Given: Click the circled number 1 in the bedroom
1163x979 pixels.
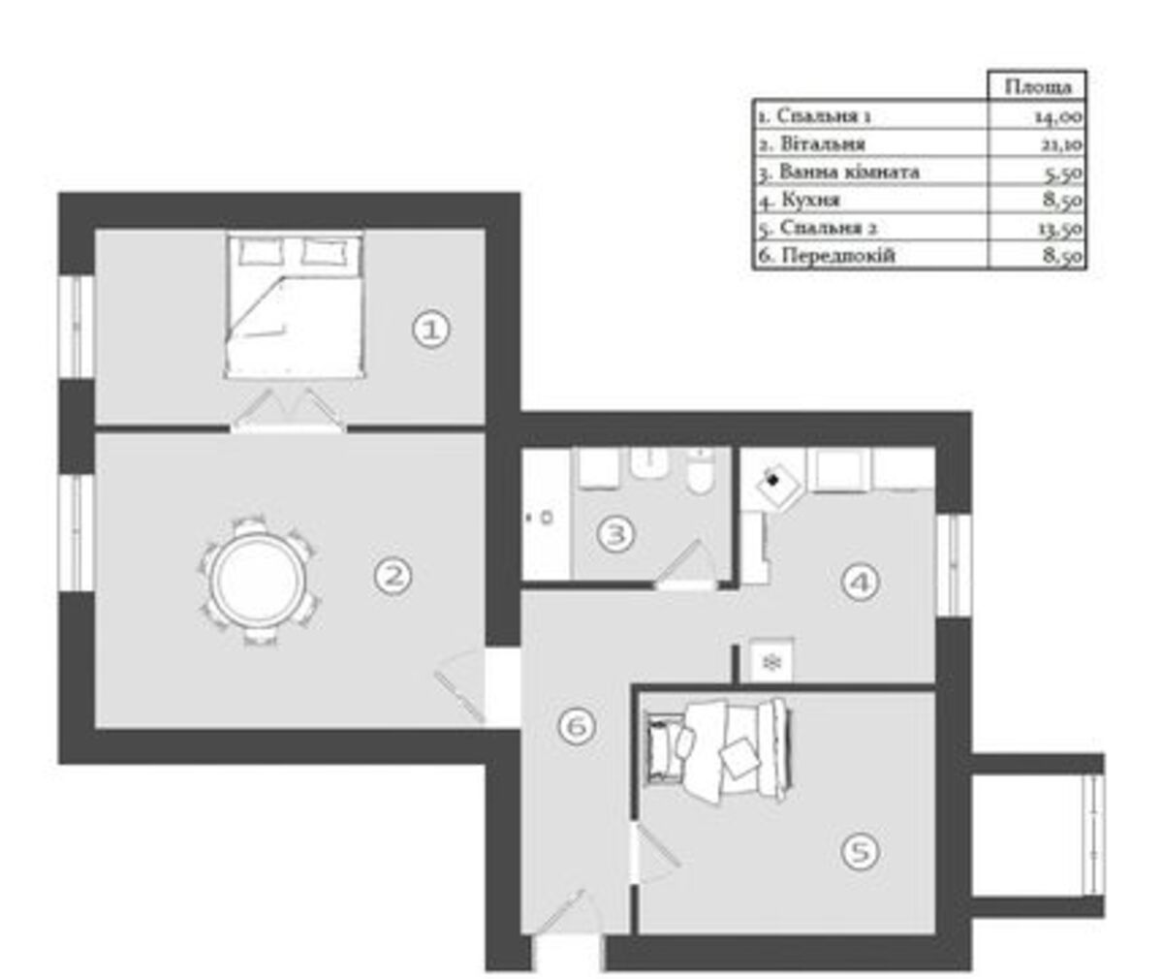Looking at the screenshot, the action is click(430, 330).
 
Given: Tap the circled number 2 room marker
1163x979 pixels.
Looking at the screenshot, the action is click(393, 576).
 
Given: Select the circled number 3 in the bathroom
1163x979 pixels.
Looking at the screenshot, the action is click(615, 534).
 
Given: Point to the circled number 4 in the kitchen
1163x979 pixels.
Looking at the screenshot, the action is click(861, 583).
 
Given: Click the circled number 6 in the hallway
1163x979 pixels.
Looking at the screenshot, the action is click(577, 726).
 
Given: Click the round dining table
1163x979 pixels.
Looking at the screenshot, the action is click(259, 580).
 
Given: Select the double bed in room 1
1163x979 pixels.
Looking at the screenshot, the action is click(294, 306).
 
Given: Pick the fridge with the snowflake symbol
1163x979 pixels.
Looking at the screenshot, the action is click(771, 661).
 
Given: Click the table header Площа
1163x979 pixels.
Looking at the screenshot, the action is click(1038, 87).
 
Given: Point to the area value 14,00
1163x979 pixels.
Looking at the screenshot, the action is click(1058, 116).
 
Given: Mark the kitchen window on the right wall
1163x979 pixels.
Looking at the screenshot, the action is click(954, 565).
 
